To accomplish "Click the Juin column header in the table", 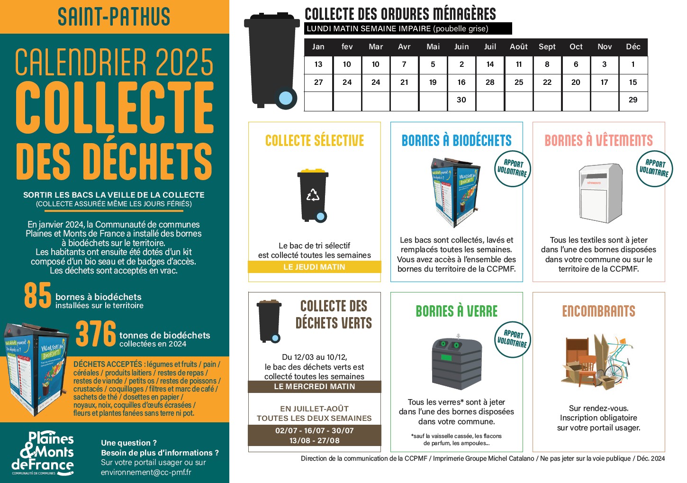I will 461,47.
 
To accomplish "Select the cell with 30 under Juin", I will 461,100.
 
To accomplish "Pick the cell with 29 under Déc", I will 633,100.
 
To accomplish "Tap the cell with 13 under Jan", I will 318,64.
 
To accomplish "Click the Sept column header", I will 547,47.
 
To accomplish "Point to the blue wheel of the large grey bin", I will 286,98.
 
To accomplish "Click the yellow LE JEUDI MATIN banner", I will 314,267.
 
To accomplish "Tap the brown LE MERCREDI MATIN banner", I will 314,387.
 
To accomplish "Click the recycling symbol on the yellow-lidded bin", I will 313,195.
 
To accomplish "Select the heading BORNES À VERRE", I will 456,311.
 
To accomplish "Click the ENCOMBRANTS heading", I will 598,311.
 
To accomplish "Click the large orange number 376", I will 96,334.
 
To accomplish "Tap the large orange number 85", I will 38,296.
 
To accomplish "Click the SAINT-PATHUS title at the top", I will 114,17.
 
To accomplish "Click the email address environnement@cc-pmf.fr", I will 146,472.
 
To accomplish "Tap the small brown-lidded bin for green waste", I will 269,321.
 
